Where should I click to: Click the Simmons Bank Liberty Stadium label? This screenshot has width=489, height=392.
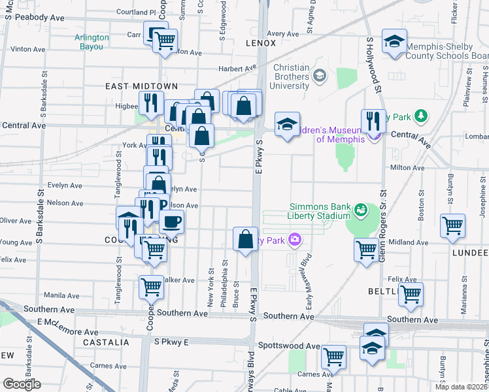[319, 211]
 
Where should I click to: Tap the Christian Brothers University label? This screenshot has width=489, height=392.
[291, 76]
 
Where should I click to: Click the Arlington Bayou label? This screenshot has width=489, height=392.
[92, 42]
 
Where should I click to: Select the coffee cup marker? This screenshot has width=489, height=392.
[171, 221]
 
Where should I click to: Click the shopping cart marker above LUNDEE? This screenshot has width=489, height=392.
[452, 226]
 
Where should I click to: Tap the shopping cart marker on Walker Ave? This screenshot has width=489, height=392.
[151, 286]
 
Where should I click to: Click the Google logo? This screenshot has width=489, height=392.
[21, 384]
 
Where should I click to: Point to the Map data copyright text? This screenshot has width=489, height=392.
[461, 387]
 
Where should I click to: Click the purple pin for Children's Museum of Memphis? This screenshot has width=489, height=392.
[375, 135]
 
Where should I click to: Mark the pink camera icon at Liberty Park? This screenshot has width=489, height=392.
[295, 240]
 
